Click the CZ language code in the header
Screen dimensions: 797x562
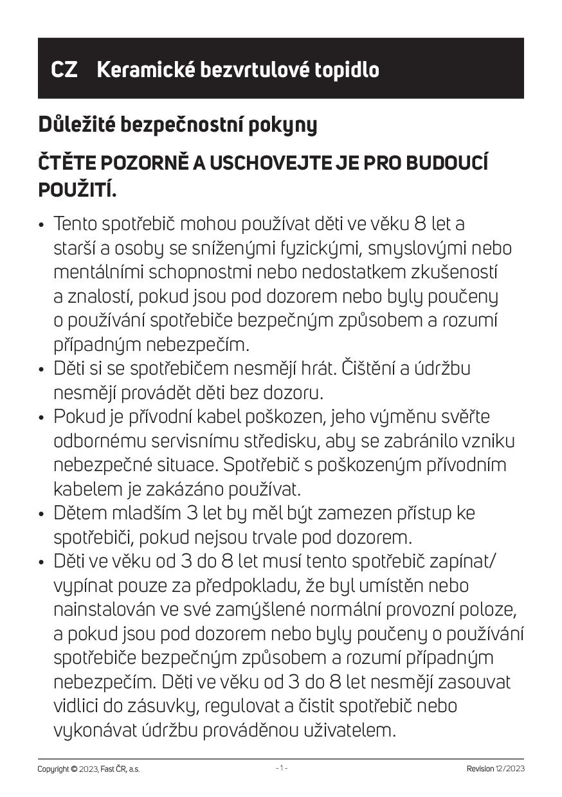point(64,69)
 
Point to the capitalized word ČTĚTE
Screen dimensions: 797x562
point(63,164)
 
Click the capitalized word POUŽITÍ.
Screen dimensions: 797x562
point(77,190)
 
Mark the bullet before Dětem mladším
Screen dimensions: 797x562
point(42,514)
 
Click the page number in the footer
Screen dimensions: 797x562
point(281,769)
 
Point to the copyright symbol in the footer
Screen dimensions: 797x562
point(74,769)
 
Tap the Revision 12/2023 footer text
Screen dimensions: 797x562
point(495,769)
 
